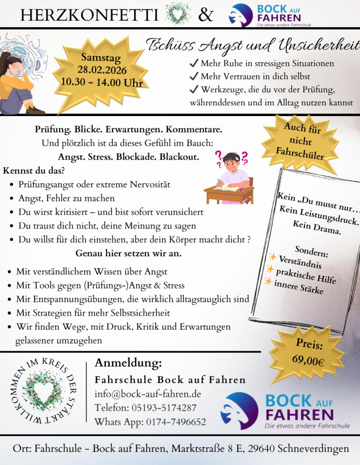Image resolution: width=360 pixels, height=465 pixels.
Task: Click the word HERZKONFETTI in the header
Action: [x=89, y=16]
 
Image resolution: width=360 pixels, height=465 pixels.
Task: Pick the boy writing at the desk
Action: [x=231, y=178]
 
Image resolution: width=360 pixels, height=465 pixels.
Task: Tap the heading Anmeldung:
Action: [x=128, y=363]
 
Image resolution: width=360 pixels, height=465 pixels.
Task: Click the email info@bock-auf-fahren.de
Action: [x=148, y=393]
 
